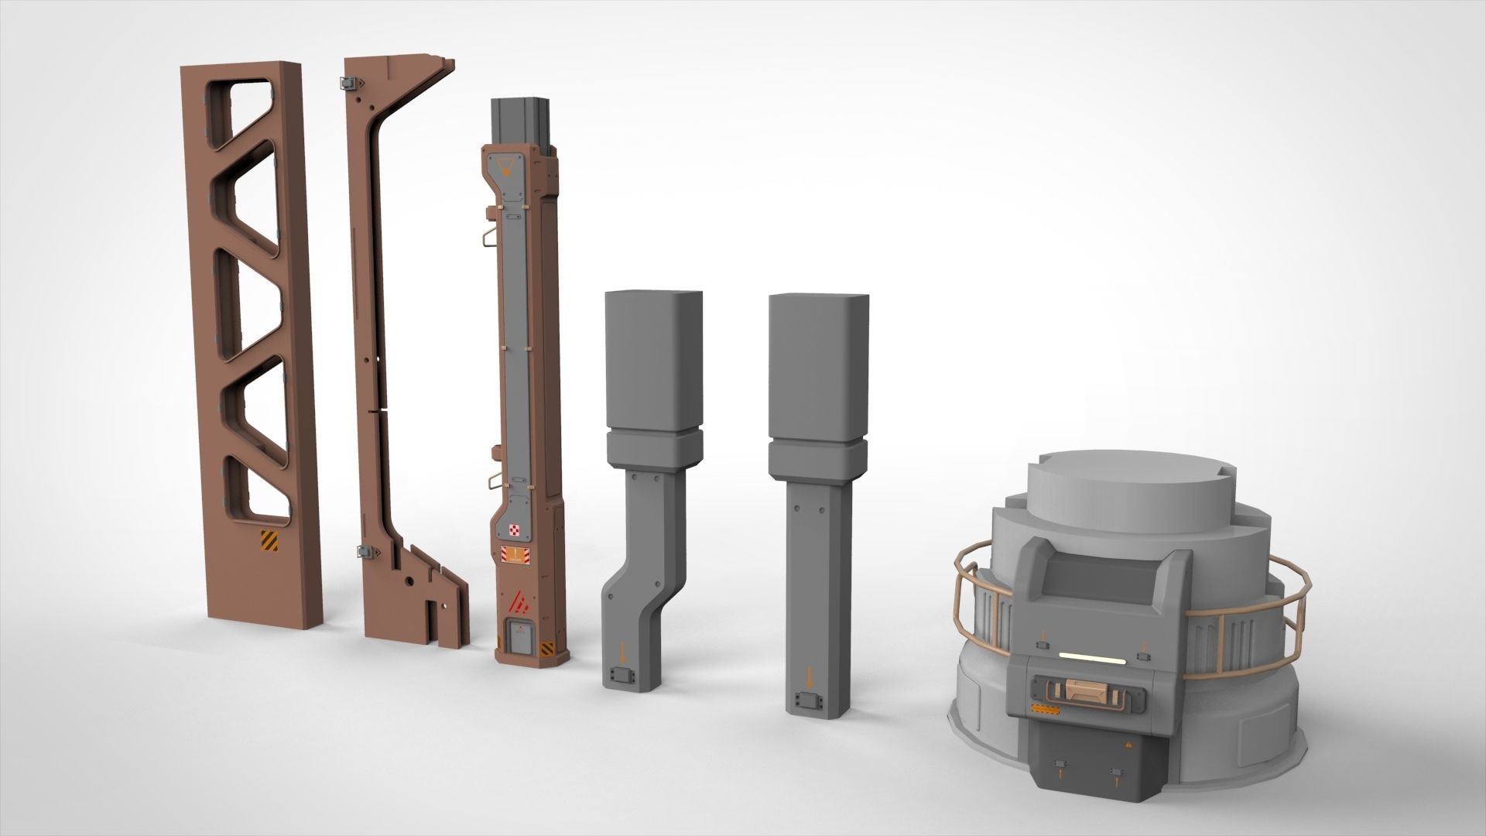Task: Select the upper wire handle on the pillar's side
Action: click(484, 237)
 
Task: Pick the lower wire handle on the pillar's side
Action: click(492, 483)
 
